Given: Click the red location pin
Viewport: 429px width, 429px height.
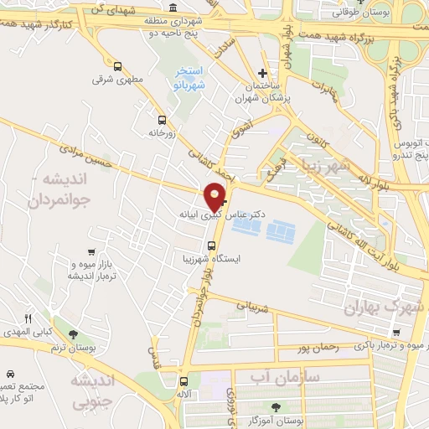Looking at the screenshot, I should (x=215, y=196).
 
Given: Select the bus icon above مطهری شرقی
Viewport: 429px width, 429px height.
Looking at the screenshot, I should (x=117, y=67).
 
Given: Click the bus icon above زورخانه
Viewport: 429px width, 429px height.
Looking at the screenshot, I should (x=161, y=119).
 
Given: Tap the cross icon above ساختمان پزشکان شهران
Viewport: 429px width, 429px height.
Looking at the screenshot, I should (x=263, y=74).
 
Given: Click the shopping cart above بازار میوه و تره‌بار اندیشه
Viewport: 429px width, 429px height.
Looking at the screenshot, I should (x=90, y=252).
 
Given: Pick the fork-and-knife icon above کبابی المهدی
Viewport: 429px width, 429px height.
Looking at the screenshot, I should (x=28, y=318).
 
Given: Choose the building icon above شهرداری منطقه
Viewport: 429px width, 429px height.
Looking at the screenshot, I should (x=173, y=8).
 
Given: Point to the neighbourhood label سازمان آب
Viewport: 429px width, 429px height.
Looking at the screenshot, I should (x=286, y=377).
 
